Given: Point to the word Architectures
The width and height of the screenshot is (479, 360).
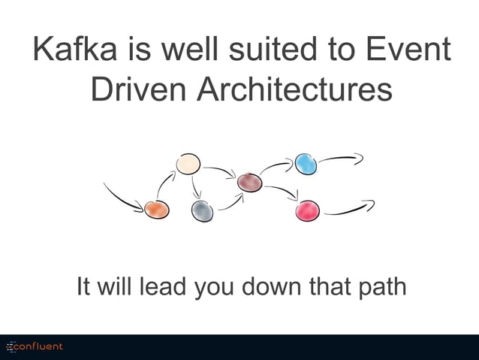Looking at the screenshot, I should pyautogui.click(x=295, y=89).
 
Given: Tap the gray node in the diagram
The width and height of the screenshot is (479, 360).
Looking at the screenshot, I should pyautogui.click(x=202, y=211).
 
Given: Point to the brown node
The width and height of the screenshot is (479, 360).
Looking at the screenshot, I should pyautogui.click(x=249, y=182).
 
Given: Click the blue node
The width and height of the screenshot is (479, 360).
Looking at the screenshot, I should pyautogui.click(x=306, y=164).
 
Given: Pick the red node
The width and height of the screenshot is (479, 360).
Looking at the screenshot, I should pyautogui.click(x=308, y=211).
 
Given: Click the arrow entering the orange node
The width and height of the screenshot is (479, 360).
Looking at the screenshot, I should pyautogui.click(x=122, y=197).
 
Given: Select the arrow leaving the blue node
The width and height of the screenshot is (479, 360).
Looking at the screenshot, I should pyautogui.click(x=341, y=159).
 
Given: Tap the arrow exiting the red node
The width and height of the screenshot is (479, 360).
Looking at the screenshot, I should pyautogui.click(x=349, y=208).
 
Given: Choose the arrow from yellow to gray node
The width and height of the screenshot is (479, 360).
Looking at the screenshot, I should pyautogui.click(x=195, y=188).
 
